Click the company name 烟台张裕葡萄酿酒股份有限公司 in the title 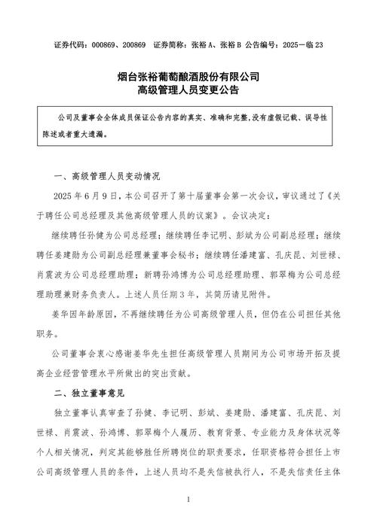point(188,76)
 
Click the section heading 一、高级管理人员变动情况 point(108,178)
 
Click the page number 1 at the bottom point(188,500)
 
